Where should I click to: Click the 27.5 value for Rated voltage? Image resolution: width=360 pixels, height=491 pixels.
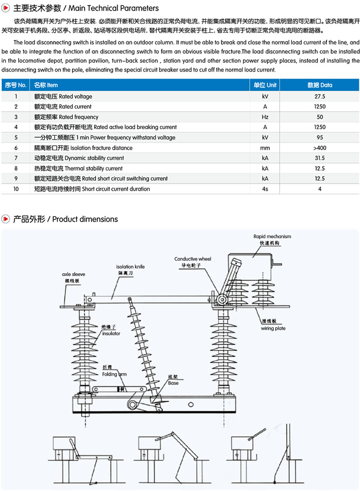point(320,96)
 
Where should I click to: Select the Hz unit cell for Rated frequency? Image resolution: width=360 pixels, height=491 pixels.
point(265,117)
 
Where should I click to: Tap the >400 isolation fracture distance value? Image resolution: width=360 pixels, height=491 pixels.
point(320,148)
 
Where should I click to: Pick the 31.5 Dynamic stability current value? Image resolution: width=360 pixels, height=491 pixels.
point(320,158)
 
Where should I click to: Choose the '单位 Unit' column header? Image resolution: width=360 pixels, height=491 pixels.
point(265,85)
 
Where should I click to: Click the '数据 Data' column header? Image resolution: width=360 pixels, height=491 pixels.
point(320,85)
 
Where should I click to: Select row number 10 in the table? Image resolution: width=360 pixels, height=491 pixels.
point(16,189)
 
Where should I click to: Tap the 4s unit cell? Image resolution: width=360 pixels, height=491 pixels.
point(265,189)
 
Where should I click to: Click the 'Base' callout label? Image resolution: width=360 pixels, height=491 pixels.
point(173,383)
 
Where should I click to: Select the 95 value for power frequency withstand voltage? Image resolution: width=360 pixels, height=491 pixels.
point(320,137)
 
